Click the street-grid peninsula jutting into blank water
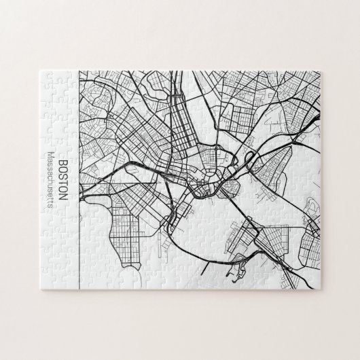pyautogui.click(x=112, y=224)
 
